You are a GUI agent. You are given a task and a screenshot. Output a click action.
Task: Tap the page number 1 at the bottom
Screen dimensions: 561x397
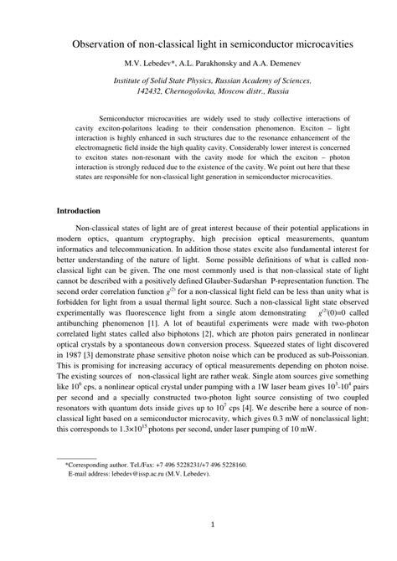(x=214, y=526)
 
